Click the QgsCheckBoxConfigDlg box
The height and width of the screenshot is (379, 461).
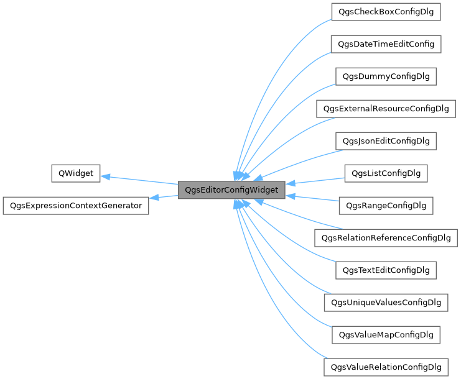pyautogui.click(x=386, y=12)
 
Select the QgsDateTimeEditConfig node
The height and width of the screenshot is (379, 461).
pyautogui.click(x=386, y=44)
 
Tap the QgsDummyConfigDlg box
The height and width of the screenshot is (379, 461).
pyautogui.click(x=386, y=76)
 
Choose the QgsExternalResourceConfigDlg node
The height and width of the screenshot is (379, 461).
pyautogui.click(x=386, y=109)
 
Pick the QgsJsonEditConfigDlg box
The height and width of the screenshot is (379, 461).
pyautogui.click(x=386, y=141)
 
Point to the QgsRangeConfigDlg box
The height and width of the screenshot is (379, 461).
pyautogui.click(x=386, y=205)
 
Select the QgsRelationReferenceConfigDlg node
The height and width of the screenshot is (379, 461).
pyautogui.click(x=386, y=237)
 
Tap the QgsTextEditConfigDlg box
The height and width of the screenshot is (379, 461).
pyautogui.click(x=386, y=270)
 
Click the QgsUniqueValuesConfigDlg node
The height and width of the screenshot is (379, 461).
pyautogui.click(x=386, y=303)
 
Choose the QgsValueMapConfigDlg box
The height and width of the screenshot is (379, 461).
pyautogui.click(x=386, y=335)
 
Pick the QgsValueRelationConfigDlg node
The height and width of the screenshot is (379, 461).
pyautogui.click(x=386, y=367)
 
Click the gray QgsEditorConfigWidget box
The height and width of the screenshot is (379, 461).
pyautogui.click(x=231, y=190)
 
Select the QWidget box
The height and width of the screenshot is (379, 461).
pyautogui.click(x=75, y=173)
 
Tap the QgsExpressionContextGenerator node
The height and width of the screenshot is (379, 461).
pyautogui.click(x=76, y=206)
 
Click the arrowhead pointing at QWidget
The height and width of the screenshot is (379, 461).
pyautogui.click(x=105, y=176)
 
